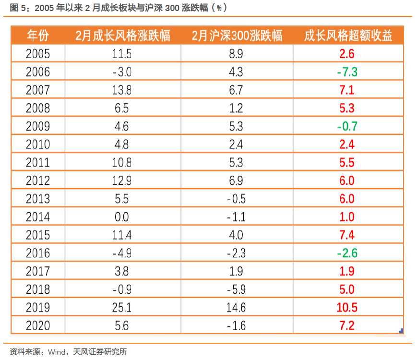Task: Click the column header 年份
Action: point(38,36)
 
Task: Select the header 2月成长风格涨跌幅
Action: point(123,36)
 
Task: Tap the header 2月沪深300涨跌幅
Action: point(237,36)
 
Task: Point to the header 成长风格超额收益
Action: point(348,36)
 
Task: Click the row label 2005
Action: point(38,54)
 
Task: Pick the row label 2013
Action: point(38,199)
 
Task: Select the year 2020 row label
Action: point(38,326)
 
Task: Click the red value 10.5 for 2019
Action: point(347,308)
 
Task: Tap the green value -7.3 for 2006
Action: point(347,72)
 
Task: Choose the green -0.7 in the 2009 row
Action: point(347,126)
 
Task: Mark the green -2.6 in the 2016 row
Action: point(347,253)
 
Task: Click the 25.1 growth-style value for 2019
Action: point(122,308)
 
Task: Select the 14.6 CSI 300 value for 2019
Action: point(236,308)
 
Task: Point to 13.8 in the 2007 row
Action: point(122,90)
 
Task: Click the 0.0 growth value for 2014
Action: point(122,217)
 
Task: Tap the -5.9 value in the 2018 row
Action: point(236,289)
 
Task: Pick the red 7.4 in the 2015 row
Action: point(347,235)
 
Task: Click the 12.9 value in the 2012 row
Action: point(122,181)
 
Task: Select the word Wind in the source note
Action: point(57,352)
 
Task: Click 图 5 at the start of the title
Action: point(18,8)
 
